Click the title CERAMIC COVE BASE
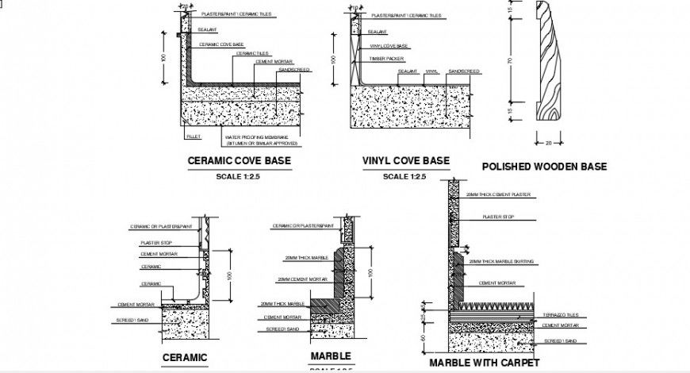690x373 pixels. click(239, 160)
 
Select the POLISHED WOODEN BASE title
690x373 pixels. click(544, 167)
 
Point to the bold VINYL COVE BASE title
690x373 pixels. click(405, 160)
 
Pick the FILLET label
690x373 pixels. click(194, 137)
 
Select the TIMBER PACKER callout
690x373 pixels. click(386, 59)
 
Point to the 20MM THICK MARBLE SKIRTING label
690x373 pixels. click(501, 261)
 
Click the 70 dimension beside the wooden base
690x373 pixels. click(511, 61)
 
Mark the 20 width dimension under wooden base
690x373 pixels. click(548, 143)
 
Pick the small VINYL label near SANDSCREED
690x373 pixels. click(431, 71)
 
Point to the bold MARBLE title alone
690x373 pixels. click(331, 356)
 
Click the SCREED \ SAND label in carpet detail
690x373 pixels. click(559, 340)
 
